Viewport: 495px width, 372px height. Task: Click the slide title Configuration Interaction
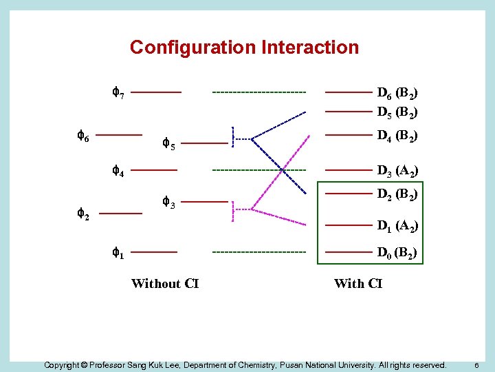pyautogui.click(x=244, y=48)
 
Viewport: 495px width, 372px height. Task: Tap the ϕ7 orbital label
pyautogui.click(x=118, y=92)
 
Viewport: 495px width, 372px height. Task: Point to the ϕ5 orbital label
pyautogui.click(x=168, y=144)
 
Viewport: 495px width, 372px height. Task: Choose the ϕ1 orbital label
pyautogui.click(x=118, y=253)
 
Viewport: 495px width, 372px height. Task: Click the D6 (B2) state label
pyautogui.click(x=397, y=92)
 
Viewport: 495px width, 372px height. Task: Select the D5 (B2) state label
pyautogui.click(x=397, y=111)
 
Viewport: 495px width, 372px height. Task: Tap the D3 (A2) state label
pyautogui.click(x=397, y=170)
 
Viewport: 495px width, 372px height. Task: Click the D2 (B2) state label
pyautogui.click(x=397, y=194)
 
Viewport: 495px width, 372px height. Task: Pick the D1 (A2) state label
pyautogui.click(x=397, y=225)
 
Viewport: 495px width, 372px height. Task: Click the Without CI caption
pyautogui.click(x=165, y=283)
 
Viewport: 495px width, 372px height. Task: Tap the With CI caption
pyautogui.click(x=357, y=283)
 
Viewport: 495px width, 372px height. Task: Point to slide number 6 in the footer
pyautogui.click(x=478, y=364)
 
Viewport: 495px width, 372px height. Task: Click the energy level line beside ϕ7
pyautogui.click(x=156, y=92)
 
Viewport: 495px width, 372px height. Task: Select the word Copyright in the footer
pyautogui.click(x=65, y=364)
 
